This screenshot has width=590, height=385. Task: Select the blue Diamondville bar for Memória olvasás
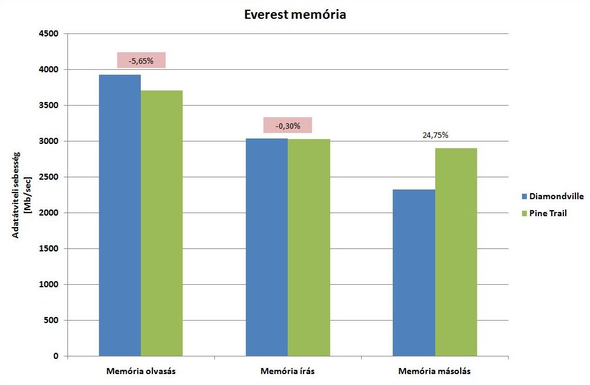[x=120, y=215]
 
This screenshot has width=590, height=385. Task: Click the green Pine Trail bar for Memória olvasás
[x=161, y=223]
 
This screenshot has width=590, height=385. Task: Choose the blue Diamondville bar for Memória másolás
[x=414, y=273]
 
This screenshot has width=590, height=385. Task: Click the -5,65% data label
[x=141, y=61]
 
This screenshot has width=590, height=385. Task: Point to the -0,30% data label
[x=287, y=126]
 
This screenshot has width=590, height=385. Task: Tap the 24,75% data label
[x=435, y=135]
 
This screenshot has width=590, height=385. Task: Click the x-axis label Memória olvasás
[x=141, y=371]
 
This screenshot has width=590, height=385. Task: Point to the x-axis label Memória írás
[x=288, y=371]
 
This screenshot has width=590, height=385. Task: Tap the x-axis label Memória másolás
[x=435, y=371]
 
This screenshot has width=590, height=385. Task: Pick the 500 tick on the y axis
[x=50, y=321]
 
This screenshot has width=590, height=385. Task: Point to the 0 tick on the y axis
[x=55, y=356]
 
